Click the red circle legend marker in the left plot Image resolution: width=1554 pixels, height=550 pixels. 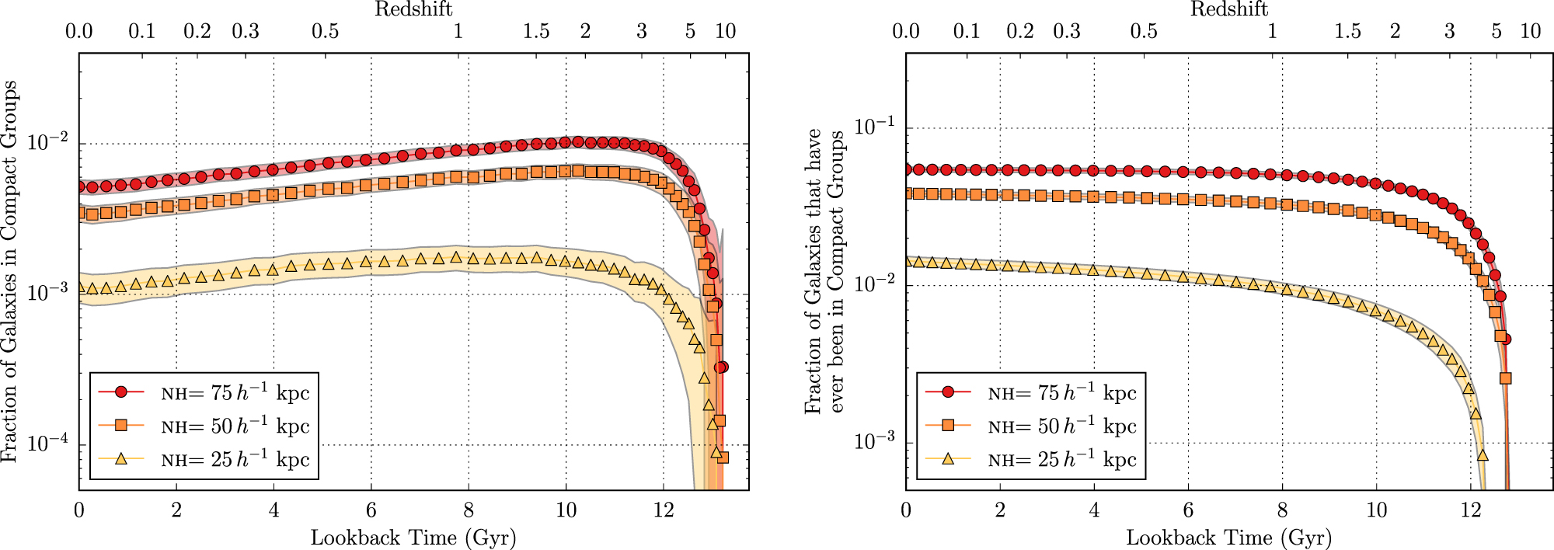tap(120, 392)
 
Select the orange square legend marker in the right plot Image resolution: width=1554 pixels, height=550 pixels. tap(948, 426)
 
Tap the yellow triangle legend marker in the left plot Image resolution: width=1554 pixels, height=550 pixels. tap(120, 459)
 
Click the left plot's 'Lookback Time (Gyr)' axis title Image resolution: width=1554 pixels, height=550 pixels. tap(413, 538)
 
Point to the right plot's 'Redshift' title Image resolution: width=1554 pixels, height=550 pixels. tap(1229, 9)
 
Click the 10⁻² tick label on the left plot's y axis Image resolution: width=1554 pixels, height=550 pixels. tap(48, 143)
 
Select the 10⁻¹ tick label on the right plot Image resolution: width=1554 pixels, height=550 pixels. tap(875, 127)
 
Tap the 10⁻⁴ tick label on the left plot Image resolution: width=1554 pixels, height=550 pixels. tap(48, 444)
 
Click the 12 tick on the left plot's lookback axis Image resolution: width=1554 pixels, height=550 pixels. tap(663, 510)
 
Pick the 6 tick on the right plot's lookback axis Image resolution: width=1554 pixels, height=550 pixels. tap(1188, 510)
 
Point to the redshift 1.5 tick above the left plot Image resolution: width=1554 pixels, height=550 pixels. tap(536, 31)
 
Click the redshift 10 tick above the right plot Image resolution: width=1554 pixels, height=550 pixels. tap(1530, 31)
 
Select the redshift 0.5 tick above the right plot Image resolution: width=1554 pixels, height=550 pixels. tap(1144, 31)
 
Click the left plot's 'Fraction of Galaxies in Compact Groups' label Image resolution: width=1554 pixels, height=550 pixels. tap(9, 272)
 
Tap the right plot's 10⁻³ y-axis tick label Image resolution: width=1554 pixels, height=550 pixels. tap(875, 441)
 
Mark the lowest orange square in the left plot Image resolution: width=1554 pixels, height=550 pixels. tap(723, 458)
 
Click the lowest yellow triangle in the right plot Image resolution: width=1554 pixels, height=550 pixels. tap(1483, 455)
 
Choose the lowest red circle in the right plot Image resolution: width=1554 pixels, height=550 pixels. tap(1505, 339)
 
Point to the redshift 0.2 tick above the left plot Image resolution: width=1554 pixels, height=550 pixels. tap(197, 31)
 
